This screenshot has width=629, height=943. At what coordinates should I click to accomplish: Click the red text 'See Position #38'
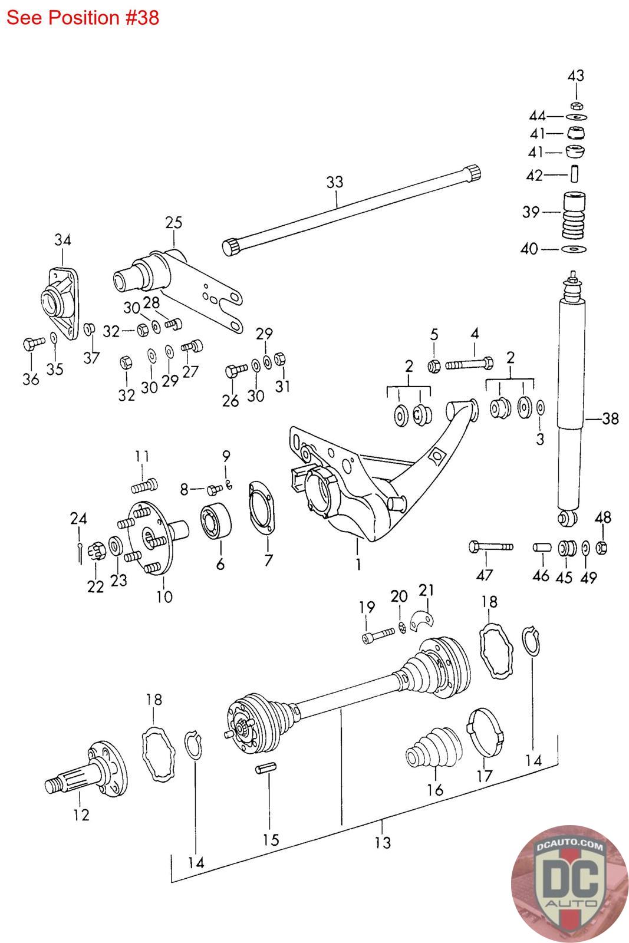[83, 18]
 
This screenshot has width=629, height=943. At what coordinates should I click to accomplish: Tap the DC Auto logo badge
[569, 883]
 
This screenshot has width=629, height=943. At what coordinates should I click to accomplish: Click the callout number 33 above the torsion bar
[335, 182]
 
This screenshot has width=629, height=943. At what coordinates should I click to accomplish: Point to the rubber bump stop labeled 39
[574, 216]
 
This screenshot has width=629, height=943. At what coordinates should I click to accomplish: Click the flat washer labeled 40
[574, 249]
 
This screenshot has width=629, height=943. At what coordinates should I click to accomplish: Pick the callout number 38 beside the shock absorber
[610, 418]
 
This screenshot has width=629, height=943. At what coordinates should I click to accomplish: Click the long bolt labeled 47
[490, 547]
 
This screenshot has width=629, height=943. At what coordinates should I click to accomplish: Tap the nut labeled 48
[602, 548]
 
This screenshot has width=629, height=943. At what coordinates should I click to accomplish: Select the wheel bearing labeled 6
[216, 520]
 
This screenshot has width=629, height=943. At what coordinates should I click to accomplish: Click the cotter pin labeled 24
[80, 553]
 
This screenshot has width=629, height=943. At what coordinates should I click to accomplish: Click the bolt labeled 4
[469, 363]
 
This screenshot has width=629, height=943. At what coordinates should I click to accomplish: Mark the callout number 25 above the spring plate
[173, 222]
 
